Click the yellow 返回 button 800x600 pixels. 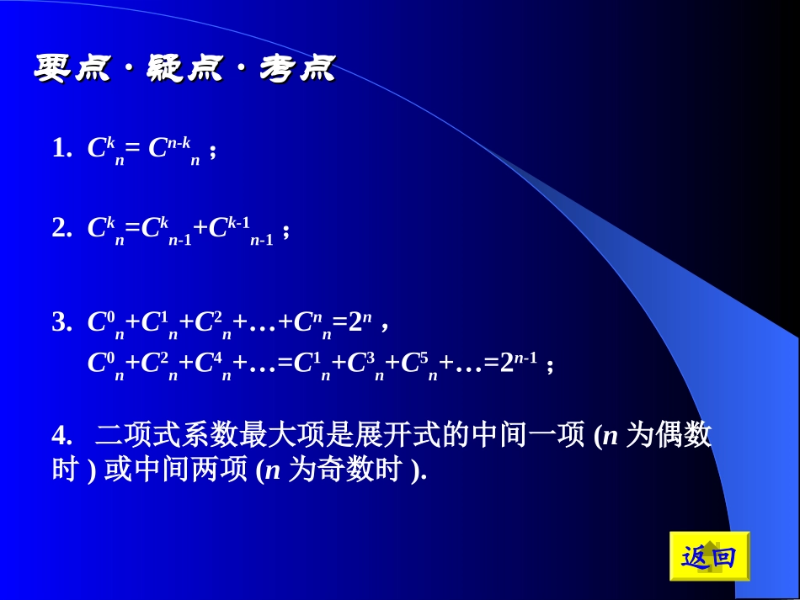pyautogui.click(x=708, y=556)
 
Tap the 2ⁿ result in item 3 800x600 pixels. pyautogui.click(x=358, y=321)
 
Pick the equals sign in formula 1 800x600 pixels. pyautogui.click(x=132, y=150)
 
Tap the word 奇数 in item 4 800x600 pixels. pyautogui.click(x=343, y=470)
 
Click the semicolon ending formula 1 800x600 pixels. pyautogui.click(x=213, y=152)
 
